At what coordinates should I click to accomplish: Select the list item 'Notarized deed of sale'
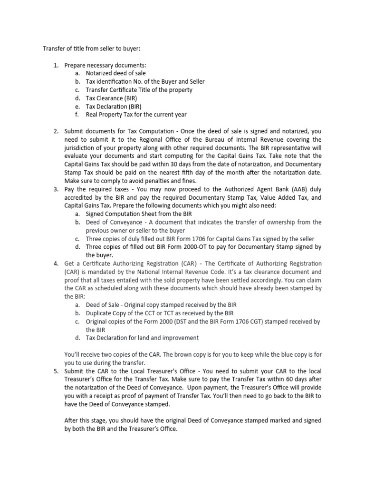tap(115, 73)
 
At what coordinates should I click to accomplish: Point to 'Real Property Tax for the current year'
tap(136, 114)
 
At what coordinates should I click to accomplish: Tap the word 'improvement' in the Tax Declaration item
tap(179, 338)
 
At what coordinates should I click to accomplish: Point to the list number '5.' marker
tap(56, 371)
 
